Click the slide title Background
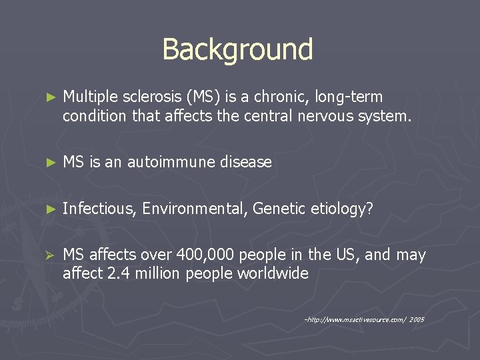[237, 49]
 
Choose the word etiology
[341, 209]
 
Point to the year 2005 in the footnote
[417, 319]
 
